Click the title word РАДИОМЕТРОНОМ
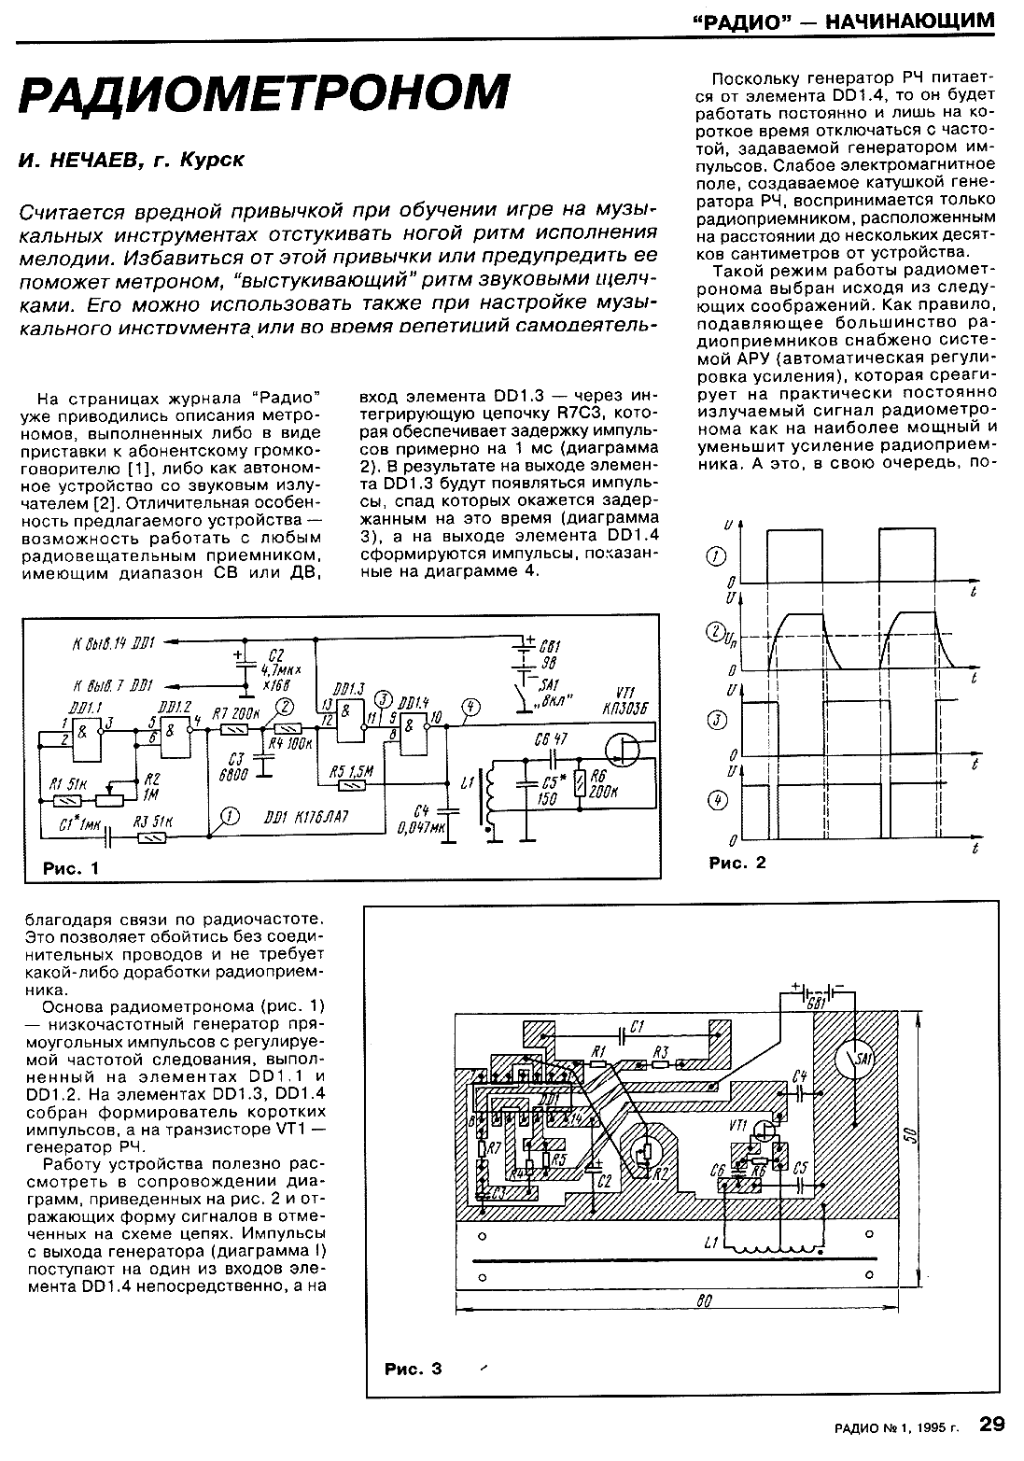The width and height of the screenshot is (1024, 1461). tap(265, 94)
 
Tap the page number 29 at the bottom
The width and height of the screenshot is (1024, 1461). tap(991, 1425)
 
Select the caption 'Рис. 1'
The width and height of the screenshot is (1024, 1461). tap(70, 868)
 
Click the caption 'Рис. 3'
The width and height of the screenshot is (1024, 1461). tap(412, 1370)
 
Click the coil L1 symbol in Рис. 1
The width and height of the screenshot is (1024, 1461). tap(485, 801)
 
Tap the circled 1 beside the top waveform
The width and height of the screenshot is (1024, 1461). tap(717, 558)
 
